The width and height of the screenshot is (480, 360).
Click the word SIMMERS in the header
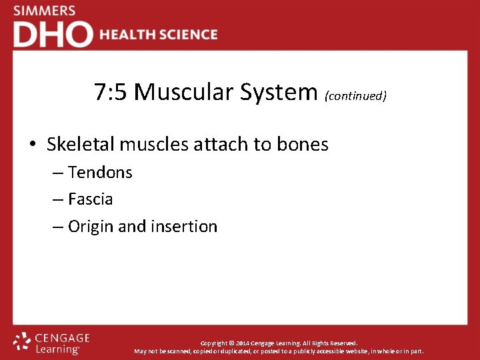44,11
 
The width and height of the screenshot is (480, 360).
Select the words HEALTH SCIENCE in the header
159,35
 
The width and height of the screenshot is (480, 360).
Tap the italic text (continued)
355,96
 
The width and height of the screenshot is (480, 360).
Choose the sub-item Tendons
100,173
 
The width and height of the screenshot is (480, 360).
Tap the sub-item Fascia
90,199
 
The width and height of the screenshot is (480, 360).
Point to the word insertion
185,227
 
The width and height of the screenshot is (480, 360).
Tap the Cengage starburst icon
22,342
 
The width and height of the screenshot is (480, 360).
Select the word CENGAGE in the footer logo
62,338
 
